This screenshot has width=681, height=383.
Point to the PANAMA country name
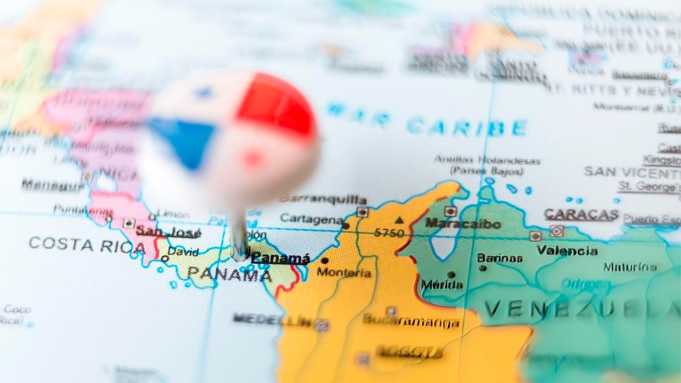pos(228,275)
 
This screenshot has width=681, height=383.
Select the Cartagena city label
pos(311,218)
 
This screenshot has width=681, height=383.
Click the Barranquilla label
pos(323,199)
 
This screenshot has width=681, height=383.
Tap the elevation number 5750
pos(390,233)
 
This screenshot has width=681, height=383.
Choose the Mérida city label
pos(442,285)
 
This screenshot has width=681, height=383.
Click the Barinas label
pos(499,258)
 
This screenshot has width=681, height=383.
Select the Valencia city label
pos(567,251)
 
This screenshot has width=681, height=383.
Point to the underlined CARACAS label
pos(581,215)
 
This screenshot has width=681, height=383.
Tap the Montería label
pos(344,272)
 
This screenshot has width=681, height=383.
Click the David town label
pos(183,252)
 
